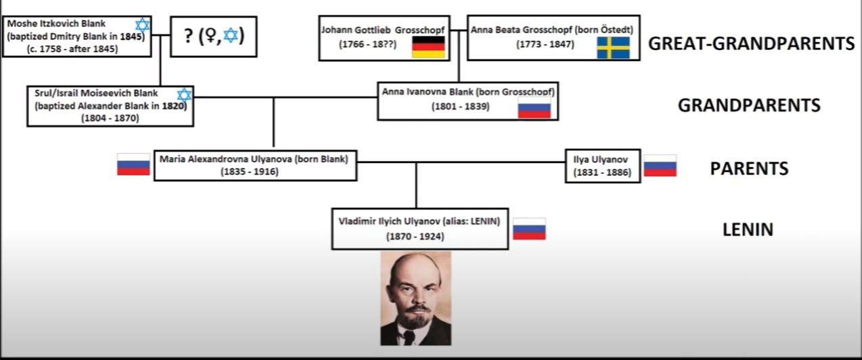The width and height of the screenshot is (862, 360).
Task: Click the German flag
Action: (428, 47)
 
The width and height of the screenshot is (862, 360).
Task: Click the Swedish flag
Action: (613, 47)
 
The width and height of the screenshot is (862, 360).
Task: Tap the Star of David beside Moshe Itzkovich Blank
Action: (142, 26)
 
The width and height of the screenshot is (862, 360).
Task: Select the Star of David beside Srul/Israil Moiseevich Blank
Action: (184, 95)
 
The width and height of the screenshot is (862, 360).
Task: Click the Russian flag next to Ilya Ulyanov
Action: (660, 165)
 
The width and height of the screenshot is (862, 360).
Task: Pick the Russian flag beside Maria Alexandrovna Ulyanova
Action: (133, 164)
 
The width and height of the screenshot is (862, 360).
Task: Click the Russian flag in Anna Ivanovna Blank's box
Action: (534, 108)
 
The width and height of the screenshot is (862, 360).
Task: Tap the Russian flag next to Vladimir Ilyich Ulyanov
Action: (529, 229)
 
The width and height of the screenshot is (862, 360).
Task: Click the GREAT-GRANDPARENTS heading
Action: (751, 44)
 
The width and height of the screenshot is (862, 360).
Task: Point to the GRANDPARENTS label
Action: (749, 106)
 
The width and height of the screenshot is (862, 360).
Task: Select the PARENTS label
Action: (749, 168)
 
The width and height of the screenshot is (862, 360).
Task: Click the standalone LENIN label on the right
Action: (748, 229)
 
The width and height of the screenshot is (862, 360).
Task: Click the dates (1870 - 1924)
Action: (419, 237)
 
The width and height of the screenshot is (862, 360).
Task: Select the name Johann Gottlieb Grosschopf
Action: (380, 30)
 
